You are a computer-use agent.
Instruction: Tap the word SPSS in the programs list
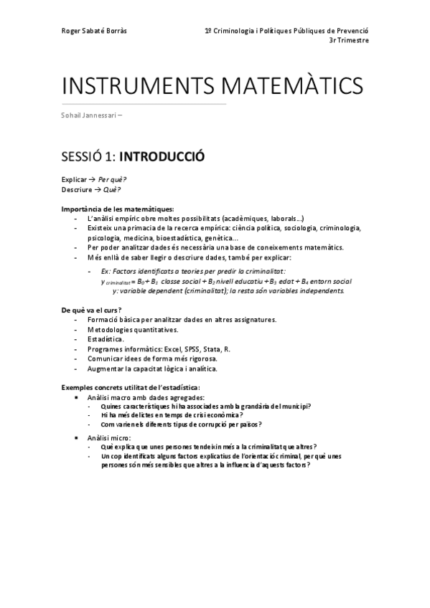pyautogui.click(x=195, y=348)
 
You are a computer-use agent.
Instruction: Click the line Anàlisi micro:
pyautogui.click(x=110, y=436)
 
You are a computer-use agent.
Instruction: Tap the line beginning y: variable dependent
pyautogui.click(x=228, y=290)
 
